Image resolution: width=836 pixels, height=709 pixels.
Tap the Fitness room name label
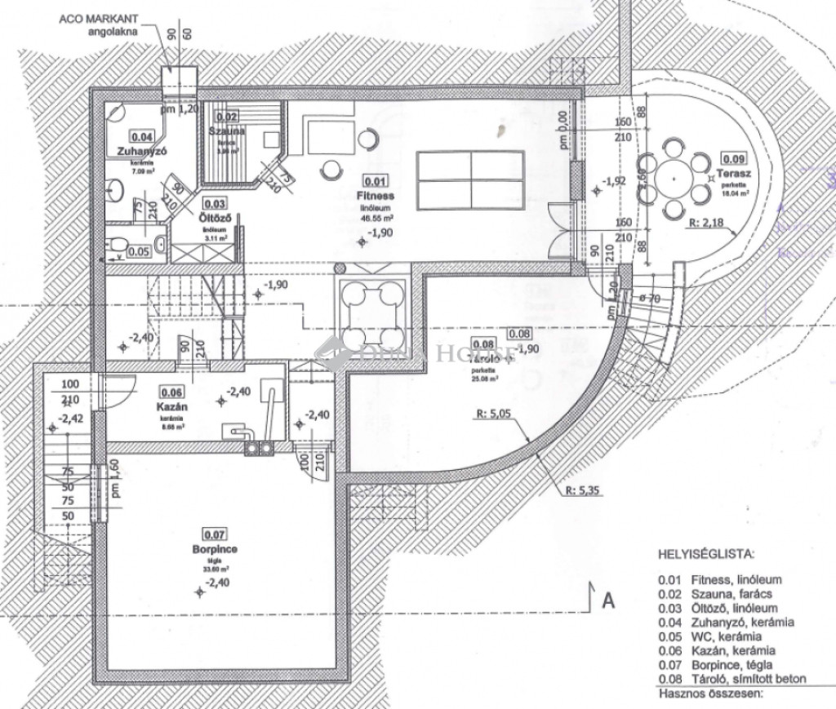click(x=376, y=197)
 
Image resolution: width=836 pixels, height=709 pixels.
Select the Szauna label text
click(x=226, y=131)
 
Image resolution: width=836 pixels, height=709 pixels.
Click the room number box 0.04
click(x=142, y=137)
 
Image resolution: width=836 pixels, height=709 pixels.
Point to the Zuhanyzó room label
click(x=141, y=151)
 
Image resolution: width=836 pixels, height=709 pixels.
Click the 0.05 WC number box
click(x=139, y=252)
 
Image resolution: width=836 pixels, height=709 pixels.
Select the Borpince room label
click(x=215, y=550)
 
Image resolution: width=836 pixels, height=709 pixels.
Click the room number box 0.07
click(x=215, y=536)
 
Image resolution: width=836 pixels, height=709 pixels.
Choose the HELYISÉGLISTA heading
click(x=705, y=554)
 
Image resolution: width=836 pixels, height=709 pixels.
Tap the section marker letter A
click(x=607, y=600)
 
